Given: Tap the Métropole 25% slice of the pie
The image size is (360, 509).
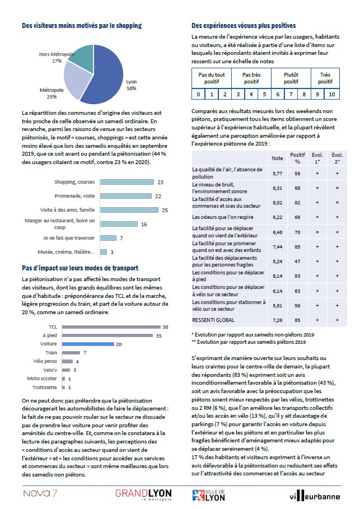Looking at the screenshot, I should coord(76,81).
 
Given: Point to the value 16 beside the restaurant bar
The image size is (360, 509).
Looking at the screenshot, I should coord(143,224).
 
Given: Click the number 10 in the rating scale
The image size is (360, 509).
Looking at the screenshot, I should coord(331,94).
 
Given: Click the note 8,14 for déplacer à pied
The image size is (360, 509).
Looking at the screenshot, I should coord(277,276).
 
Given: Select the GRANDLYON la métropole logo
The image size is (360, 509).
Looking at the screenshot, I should coord(143,494).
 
